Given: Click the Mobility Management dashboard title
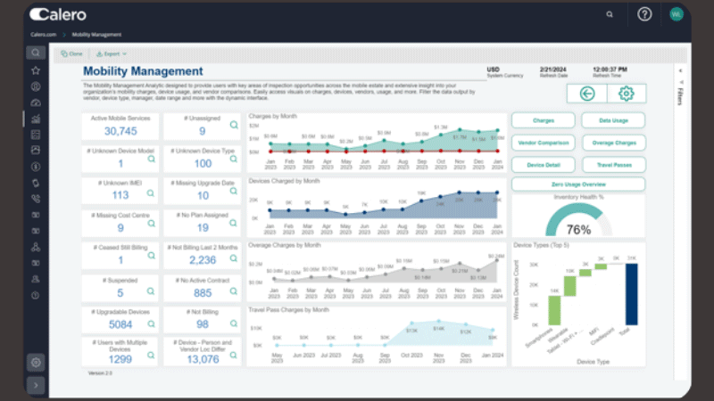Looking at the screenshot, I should [x=143, y=71].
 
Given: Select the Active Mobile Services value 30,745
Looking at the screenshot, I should [x=120, y=131].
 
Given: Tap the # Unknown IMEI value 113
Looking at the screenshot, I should [x=120, y=195].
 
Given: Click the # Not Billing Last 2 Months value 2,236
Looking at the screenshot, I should [x=203, y=259].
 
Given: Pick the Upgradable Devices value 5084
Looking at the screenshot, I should [x=120, y=323].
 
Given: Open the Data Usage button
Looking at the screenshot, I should [x=613, y=119].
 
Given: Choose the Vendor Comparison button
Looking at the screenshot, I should [x=543, y=142].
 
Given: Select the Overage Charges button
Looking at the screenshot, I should [x=613, y=142].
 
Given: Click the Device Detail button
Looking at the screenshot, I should [x=543, y=164].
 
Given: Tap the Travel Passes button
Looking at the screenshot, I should [x=613, y=164].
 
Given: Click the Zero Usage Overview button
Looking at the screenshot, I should [x=577, y=184].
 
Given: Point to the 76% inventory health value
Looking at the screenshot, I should [x=578, y=229].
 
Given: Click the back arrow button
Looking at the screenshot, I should [x=586, y=93].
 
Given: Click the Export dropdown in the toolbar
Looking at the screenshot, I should [x=112, y=54].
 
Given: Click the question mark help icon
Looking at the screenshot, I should [x=644, y=14].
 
